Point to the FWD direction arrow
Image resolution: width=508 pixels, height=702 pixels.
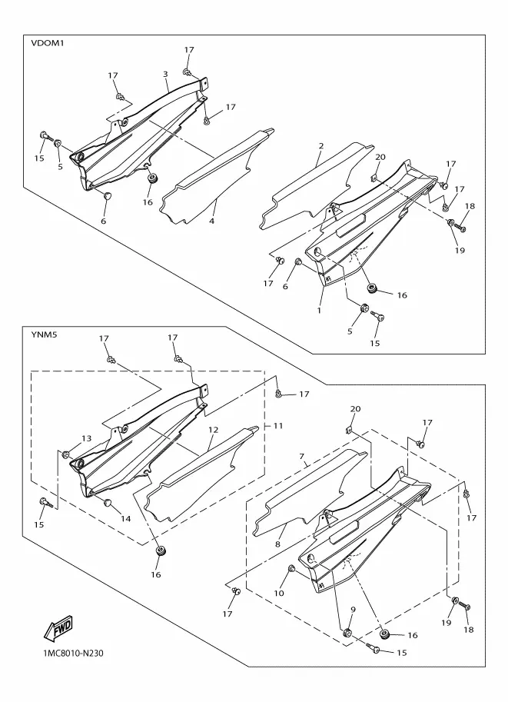pos(58,627)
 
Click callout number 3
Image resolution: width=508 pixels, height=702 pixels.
pos(165,74)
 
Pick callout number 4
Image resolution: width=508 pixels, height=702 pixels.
pos(211,221)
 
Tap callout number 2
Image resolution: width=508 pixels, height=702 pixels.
pos(321,146)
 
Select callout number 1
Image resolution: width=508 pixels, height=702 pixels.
pos(319,309)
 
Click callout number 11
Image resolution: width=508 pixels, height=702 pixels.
pos(278,425)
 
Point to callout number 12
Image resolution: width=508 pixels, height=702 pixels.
pos(213,430)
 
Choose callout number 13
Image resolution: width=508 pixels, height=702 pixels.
pos(86,438)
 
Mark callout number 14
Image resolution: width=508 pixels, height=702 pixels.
pos(126,518)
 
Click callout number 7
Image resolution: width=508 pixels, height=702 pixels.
pos(302,456)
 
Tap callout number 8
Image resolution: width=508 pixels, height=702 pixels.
pos(278,544)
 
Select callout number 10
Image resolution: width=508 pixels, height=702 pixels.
pos(279,594)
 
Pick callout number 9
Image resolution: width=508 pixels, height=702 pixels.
pos(353,609)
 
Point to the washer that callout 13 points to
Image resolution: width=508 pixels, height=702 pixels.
pos(66,454)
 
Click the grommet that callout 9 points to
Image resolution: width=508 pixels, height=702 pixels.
pos(347,633)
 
